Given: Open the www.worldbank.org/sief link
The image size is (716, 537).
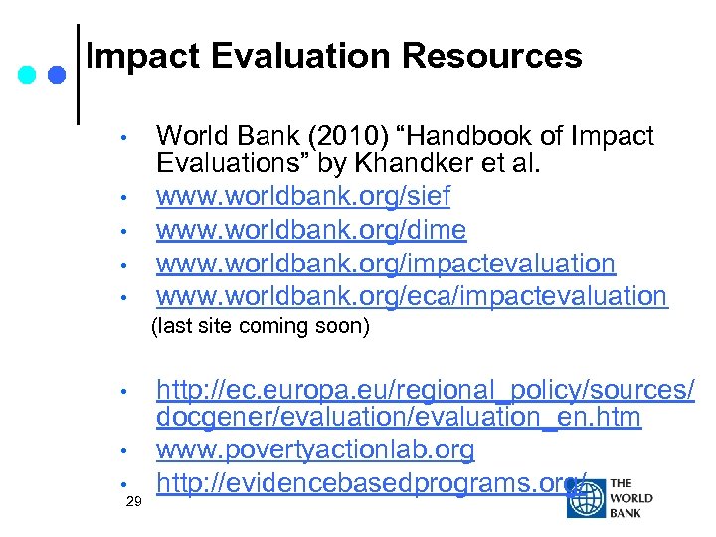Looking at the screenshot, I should pos(303,198).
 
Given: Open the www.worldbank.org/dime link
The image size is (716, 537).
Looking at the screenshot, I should pos(311,231).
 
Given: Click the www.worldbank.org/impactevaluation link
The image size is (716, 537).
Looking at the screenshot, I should pos(386,264).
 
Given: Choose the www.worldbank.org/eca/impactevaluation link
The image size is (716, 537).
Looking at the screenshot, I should pos(412,295).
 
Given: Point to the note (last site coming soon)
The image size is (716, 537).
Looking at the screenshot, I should pos(260,327).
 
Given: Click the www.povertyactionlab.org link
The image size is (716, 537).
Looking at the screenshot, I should pos(315,450).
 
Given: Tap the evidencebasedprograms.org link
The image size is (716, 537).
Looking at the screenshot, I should pos(368,483).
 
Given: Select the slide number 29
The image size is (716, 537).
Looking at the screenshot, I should pos(134,503).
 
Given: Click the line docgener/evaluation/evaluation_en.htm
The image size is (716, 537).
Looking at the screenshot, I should pos(398,419).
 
